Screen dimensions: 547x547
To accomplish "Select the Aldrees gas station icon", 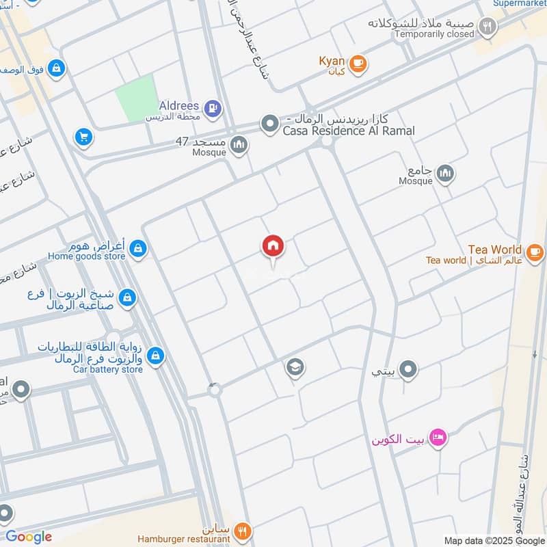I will pos(213,107).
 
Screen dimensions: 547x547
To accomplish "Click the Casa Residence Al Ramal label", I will pos(349,131).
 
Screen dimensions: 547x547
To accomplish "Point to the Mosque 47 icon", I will pos(239,144).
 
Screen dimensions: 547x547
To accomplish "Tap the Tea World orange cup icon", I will pos(535,252).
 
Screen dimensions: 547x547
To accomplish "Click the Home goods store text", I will pos(86,256).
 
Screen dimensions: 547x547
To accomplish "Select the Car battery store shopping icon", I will pos(156,356).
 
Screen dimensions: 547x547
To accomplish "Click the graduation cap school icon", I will pos(295,368).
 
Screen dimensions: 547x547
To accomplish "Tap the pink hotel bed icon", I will pos(439,436).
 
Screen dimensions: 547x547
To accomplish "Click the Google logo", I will pos(29,537).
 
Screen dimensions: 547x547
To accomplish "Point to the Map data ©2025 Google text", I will pos(494,540).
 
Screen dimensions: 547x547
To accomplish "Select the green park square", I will pos(136,98).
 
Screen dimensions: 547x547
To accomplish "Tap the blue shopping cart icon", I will pos(83,137).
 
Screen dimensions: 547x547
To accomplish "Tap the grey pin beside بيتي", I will pos(408,370).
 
